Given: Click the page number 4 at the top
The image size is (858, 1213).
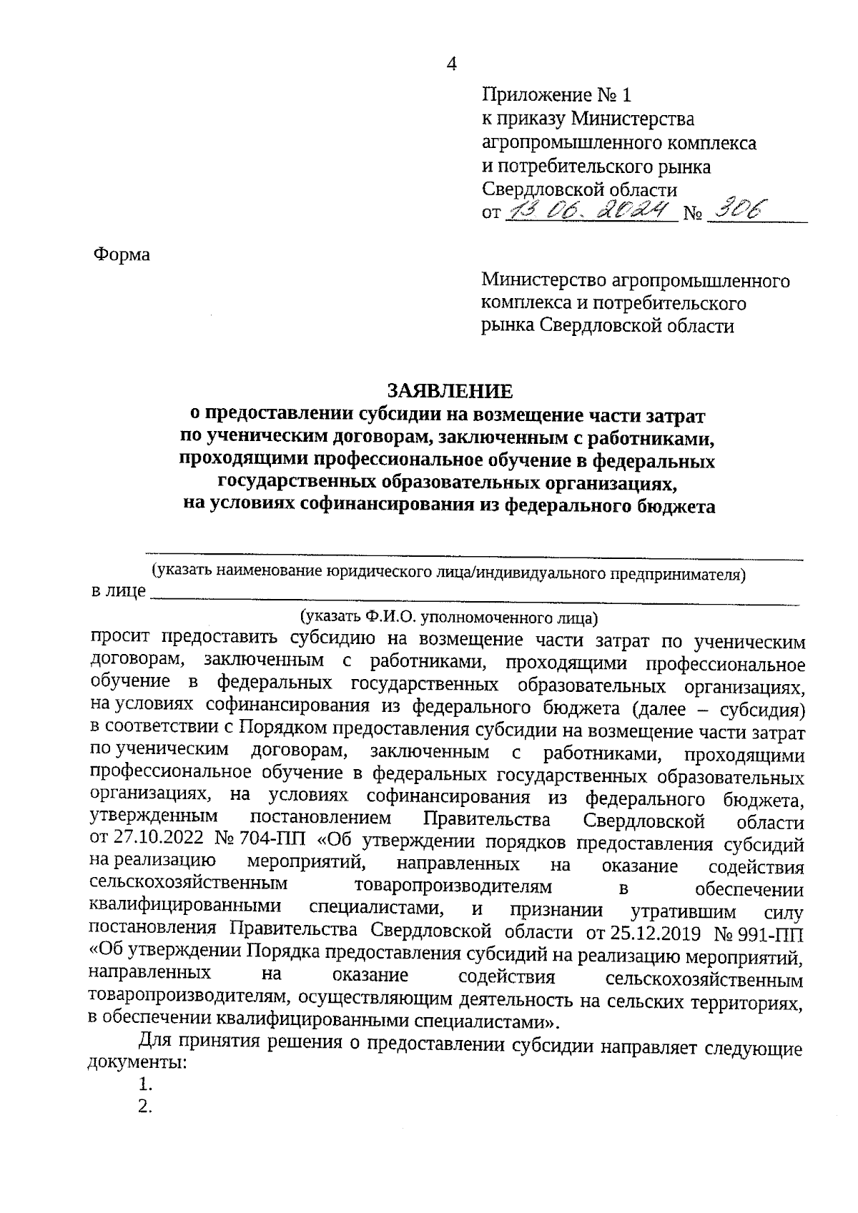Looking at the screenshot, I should pos(451,64).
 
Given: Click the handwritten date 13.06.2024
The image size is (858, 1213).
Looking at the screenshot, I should pos(590,210).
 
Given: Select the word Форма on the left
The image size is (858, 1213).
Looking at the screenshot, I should pos(122,254).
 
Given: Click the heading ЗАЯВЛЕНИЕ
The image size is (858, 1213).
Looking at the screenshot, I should pos(450,390).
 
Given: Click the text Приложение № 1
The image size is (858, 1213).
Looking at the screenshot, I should pos(558,95).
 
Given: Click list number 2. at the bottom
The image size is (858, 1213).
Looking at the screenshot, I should pos(147,1107).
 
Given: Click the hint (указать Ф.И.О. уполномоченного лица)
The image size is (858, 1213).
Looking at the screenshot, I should pos(448,615).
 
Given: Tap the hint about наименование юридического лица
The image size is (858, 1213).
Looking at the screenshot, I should pos(448,572).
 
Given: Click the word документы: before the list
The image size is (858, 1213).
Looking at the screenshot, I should pos(137,1061).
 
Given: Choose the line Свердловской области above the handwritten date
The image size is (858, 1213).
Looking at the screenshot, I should pos(580,189).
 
